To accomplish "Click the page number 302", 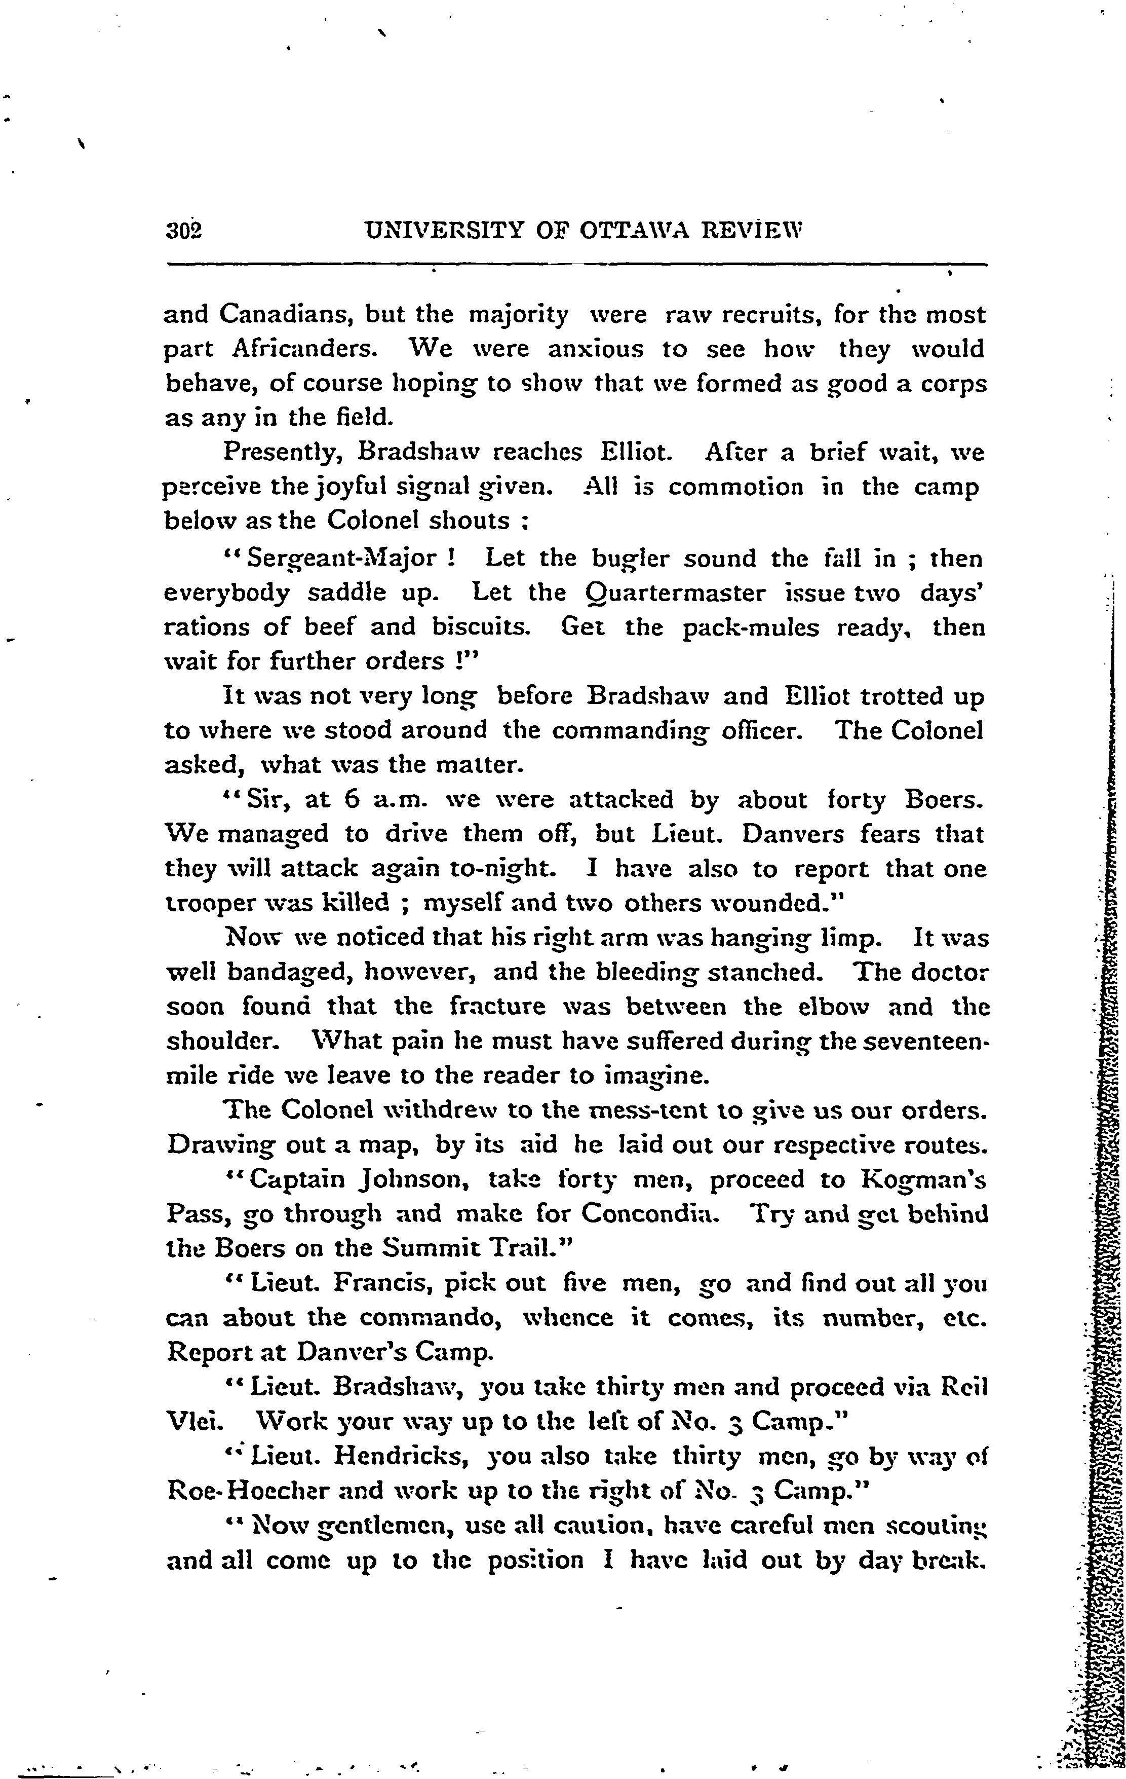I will tap(184, 231).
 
